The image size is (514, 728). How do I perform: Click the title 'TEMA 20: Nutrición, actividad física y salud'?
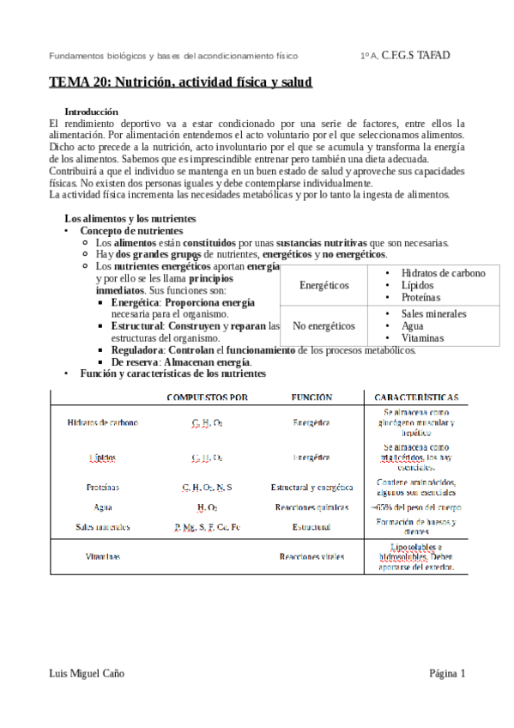point(180,83)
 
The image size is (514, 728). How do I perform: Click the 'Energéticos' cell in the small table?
point(324,285)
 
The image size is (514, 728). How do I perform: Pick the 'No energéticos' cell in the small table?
point(324,326)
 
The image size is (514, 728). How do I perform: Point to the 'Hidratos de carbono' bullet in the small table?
point(443,273)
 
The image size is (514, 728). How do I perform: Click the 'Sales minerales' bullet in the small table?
point(434,314)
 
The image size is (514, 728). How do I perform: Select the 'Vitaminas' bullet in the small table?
point(423,338)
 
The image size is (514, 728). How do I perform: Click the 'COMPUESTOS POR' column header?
point(207,397)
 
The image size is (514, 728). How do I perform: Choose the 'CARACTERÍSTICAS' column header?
point(416,397)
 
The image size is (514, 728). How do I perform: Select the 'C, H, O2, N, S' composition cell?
point(207,487)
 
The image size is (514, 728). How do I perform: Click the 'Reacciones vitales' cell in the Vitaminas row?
point(311,556)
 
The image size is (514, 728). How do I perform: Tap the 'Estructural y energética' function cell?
point(311,487)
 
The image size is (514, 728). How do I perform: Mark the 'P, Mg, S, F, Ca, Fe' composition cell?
point(207,526)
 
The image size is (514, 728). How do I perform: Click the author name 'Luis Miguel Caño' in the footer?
point(88,674)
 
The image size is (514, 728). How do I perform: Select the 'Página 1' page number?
point(447,674)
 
